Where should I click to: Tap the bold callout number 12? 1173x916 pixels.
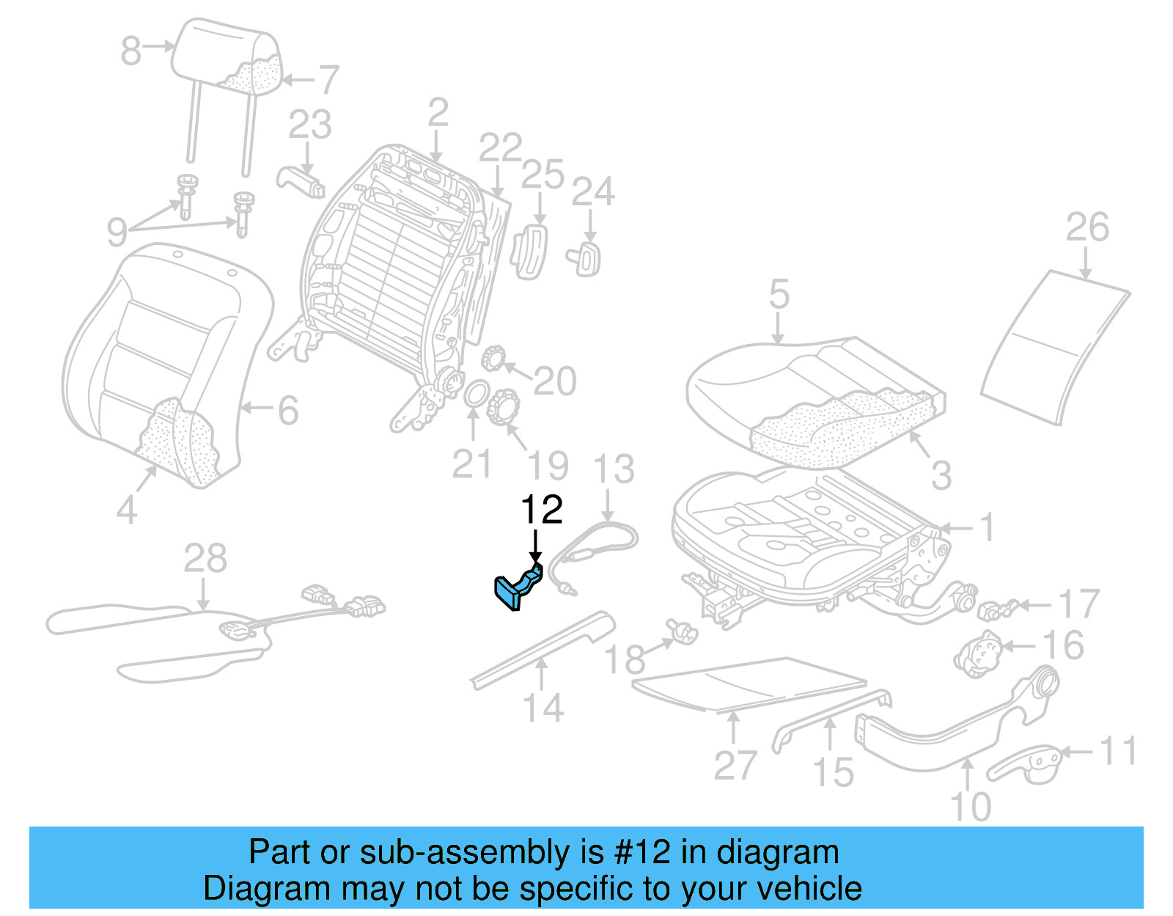pos(541,510)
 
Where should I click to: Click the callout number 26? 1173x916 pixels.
pos(1086,227)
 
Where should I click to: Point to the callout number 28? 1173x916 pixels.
pos(205,559)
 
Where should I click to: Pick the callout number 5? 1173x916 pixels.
pos(779,295)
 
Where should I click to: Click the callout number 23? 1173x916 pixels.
pos(309,125)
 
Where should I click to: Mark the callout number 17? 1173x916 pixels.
pos(1078,604)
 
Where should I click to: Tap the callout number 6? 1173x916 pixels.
pos(288,411)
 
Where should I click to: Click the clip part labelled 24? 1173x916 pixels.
pos(586,258)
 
